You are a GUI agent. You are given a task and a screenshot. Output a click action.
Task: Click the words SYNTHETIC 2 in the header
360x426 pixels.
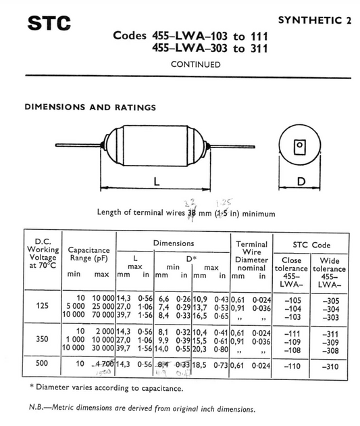click(314, 20)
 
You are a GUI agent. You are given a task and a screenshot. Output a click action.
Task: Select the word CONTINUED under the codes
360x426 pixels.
click(195, 65)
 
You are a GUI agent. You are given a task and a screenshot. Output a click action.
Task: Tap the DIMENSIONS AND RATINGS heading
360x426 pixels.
click(90, 107)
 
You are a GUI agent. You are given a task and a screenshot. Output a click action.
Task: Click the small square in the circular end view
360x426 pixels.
click(298, 146)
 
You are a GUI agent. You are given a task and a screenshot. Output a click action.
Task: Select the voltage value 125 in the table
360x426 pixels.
click(42, 305)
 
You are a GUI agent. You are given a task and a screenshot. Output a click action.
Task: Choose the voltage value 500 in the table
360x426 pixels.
click(42, 364)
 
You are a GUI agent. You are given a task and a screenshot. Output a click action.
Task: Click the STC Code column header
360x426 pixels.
click(311, 244)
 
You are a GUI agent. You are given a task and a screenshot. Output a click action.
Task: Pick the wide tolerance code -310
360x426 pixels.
click(328, 364)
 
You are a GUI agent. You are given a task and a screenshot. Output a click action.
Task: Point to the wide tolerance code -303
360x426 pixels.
click(328, 316)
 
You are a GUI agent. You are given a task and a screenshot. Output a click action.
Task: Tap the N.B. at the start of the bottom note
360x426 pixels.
click(38, 408)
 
